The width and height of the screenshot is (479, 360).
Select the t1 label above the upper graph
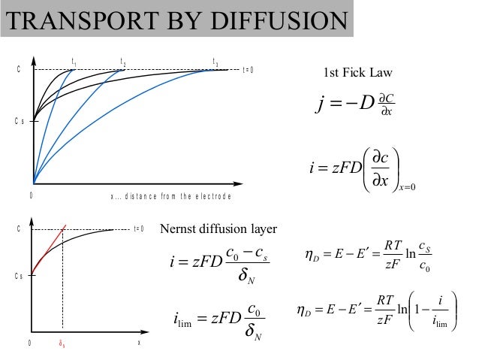[73, 61]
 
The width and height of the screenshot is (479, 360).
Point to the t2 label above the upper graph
[123, 61]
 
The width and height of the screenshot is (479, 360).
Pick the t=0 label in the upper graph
[249, 70]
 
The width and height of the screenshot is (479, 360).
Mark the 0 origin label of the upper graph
[31, 195]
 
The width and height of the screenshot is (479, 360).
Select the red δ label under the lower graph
[62, 343]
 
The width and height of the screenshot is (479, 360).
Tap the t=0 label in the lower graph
[138, 228]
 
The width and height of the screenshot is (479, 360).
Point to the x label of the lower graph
[138, 343]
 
